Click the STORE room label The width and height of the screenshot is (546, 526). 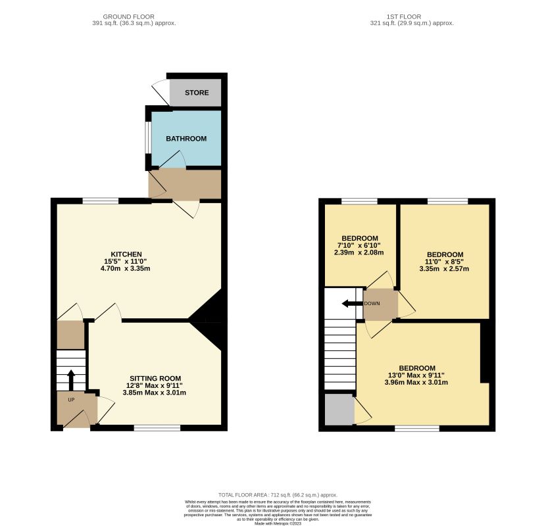pos(196,93)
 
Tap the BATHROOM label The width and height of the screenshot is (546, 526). pos(186,139)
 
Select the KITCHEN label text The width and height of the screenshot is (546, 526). pos(126,254)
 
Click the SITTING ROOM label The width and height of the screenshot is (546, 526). pos(155,378)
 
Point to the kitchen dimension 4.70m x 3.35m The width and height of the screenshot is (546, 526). pos(126,269)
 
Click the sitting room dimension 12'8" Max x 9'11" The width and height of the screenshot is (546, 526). pos(155,385)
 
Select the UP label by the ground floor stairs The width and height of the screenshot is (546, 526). pos(71,400)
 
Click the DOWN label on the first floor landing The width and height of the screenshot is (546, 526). pos(372,304)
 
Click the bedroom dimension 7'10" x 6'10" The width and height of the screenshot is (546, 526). pos(359,245)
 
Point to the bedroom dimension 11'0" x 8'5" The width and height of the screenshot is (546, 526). pos(445,262)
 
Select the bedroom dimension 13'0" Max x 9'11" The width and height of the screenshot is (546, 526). pos(416,375)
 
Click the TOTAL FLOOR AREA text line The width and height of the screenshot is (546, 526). pos(278,494)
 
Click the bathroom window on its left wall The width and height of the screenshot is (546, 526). pos(147,139)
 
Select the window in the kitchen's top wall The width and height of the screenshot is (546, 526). pos(101,201)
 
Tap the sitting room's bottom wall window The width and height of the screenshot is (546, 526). pos(157,428)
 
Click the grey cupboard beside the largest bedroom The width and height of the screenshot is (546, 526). pos(339,409)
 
